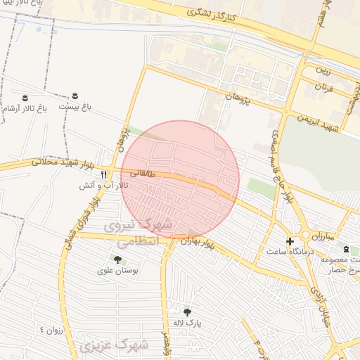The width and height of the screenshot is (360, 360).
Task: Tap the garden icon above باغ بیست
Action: pos(75,95)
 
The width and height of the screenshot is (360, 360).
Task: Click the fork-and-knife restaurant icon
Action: pos(104,174)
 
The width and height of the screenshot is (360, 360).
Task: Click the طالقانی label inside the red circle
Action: pos(141,171)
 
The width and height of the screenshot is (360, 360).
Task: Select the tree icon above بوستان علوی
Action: pos(117,259)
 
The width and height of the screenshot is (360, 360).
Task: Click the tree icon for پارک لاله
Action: pos(187,312)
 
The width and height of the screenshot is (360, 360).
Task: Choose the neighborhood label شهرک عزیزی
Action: pos(114,346)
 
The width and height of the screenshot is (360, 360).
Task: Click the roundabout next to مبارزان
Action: pos(306,236)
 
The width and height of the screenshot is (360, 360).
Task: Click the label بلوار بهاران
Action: pos(196,240)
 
